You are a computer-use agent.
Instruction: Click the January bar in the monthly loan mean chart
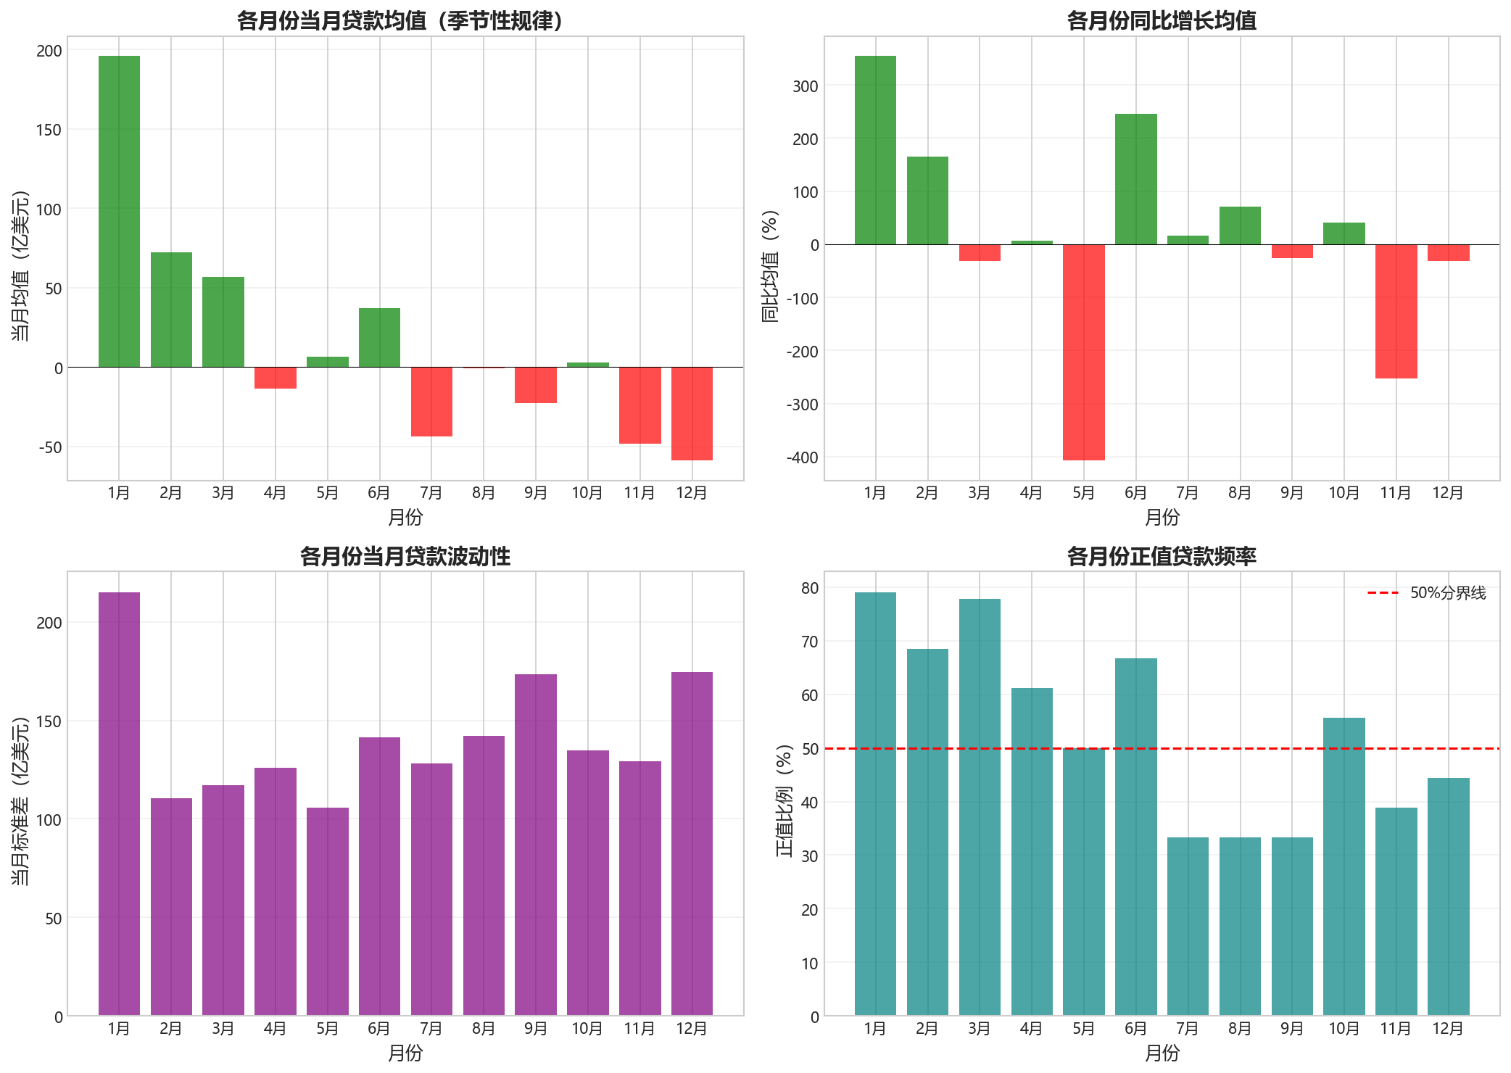click(119, 211)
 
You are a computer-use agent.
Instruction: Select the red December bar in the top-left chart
click(692, 413)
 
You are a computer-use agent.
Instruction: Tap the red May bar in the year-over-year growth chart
click(1083, 352)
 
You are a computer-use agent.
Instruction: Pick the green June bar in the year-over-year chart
click(1135, 179)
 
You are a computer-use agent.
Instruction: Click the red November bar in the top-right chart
click(1396, 311)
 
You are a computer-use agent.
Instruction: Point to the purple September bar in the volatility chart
click(536, 845)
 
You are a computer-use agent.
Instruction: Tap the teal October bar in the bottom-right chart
click(1344, 866)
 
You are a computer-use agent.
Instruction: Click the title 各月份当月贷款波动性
click(405, 556)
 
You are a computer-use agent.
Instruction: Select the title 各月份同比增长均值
click(1162, 20)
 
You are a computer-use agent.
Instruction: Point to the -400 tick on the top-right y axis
click(803, 457)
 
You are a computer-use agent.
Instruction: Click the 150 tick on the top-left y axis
click(49, 130)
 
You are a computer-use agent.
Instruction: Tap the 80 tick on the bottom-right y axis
click(810, 588)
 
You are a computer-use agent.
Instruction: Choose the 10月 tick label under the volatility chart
click(587, 1028)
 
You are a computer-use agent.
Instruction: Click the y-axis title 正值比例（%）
click(785, 800)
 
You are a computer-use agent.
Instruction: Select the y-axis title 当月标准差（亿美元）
click(22, 800)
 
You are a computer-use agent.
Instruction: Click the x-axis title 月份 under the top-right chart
click(1162, 517)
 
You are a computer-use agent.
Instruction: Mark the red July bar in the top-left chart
click(431, 402)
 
